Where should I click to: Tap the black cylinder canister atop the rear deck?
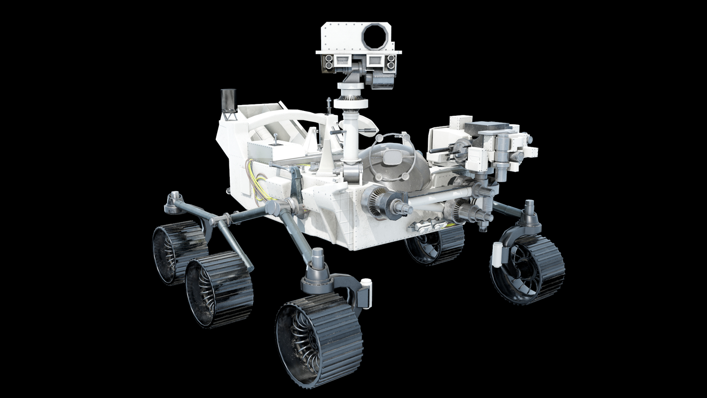(228, 100)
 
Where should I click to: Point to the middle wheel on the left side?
(219, 289)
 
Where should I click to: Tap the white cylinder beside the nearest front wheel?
(366, 294)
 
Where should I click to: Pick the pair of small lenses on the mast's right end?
(391, 62)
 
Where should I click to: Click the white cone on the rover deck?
(326, 159)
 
